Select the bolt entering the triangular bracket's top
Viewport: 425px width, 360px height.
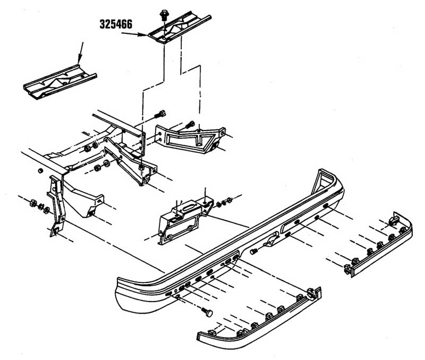pos(190,125)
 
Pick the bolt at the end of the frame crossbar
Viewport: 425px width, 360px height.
pos(161,114)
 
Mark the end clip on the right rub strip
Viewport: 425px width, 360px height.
pos(394,219)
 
